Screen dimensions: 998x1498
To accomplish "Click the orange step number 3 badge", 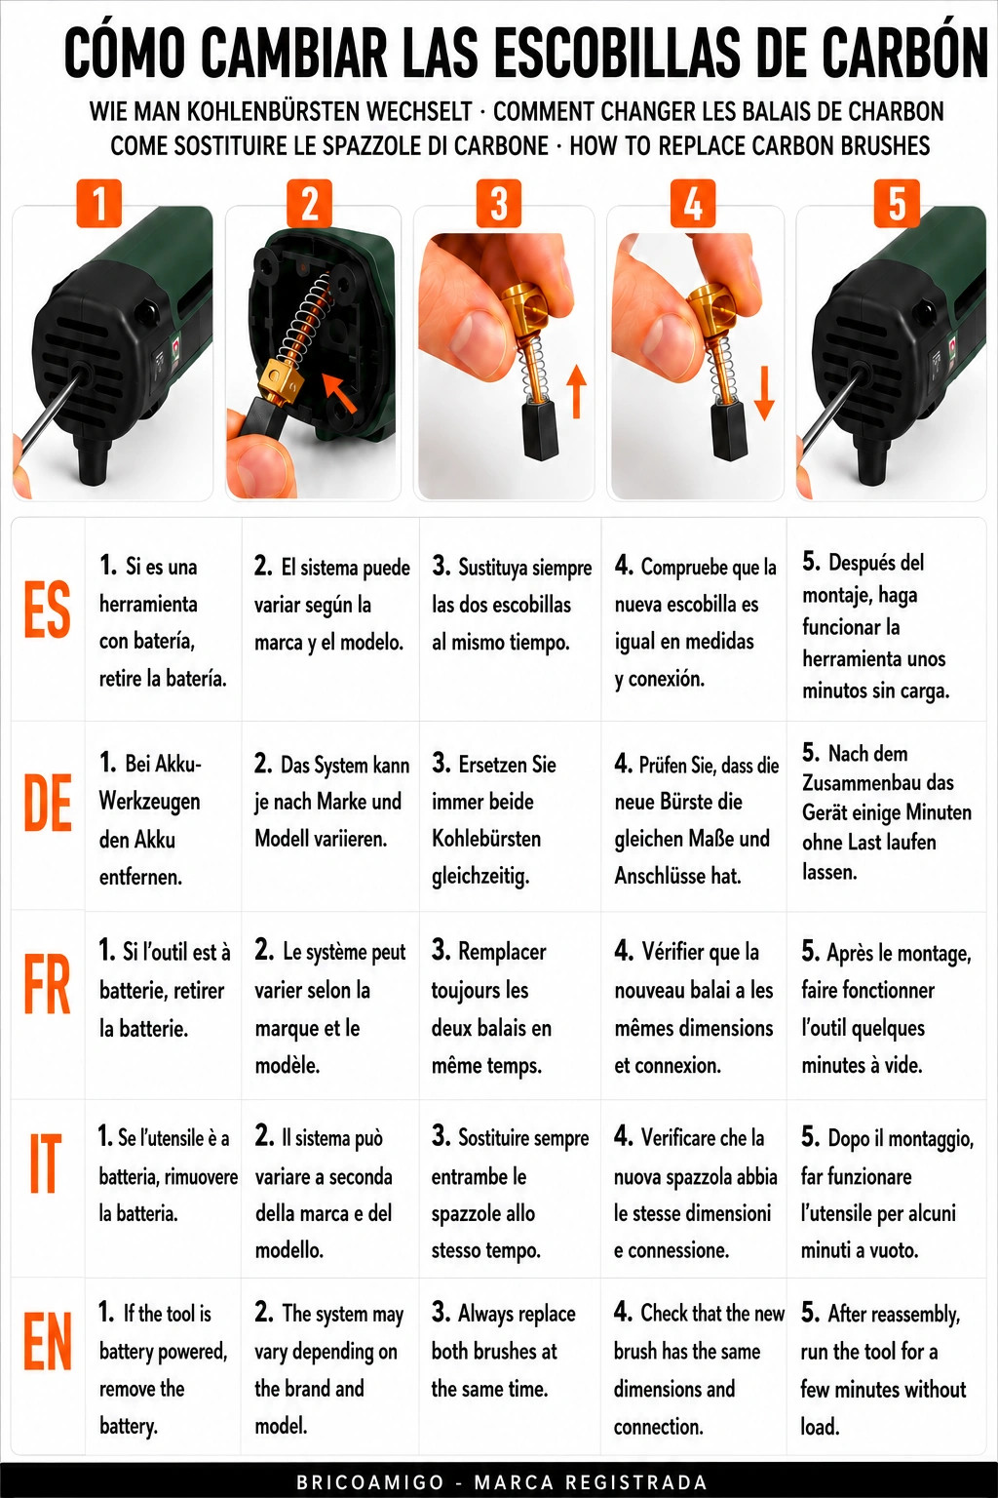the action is point(499,203).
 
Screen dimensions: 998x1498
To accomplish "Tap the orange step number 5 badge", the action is point(897,203).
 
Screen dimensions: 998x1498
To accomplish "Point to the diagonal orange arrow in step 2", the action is point(339,394).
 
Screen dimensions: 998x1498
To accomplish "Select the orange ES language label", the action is point(48,610).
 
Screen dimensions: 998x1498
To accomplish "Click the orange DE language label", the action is point(48,803).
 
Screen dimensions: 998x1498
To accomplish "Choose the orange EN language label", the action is point(48,1342).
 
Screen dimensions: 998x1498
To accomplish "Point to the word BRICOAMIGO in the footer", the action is point(370,1482).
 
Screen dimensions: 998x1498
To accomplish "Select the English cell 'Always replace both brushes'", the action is point(503,1351).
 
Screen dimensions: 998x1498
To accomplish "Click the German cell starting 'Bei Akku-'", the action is point(150,820).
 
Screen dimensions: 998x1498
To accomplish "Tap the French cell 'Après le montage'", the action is point(886,1008).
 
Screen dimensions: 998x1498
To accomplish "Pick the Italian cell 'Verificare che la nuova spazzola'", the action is point(696,1194).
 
